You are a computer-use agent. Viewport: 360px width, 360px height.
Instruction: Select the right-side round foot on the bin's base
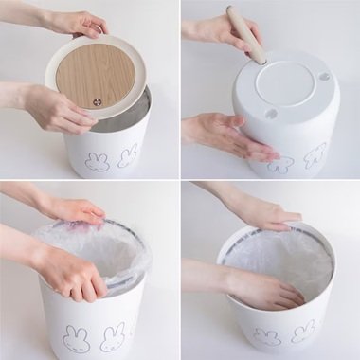pos(324,77)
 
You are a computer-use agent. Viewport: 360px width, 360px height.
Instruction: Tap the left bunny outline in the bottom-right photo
pos(268,336)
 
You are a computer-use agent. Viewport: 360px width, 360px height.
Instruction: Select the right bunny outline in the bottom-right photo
pos(304,332)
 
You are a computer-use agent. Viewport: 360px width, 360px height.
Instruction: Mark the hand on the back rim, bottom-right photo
pos(266,213)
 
